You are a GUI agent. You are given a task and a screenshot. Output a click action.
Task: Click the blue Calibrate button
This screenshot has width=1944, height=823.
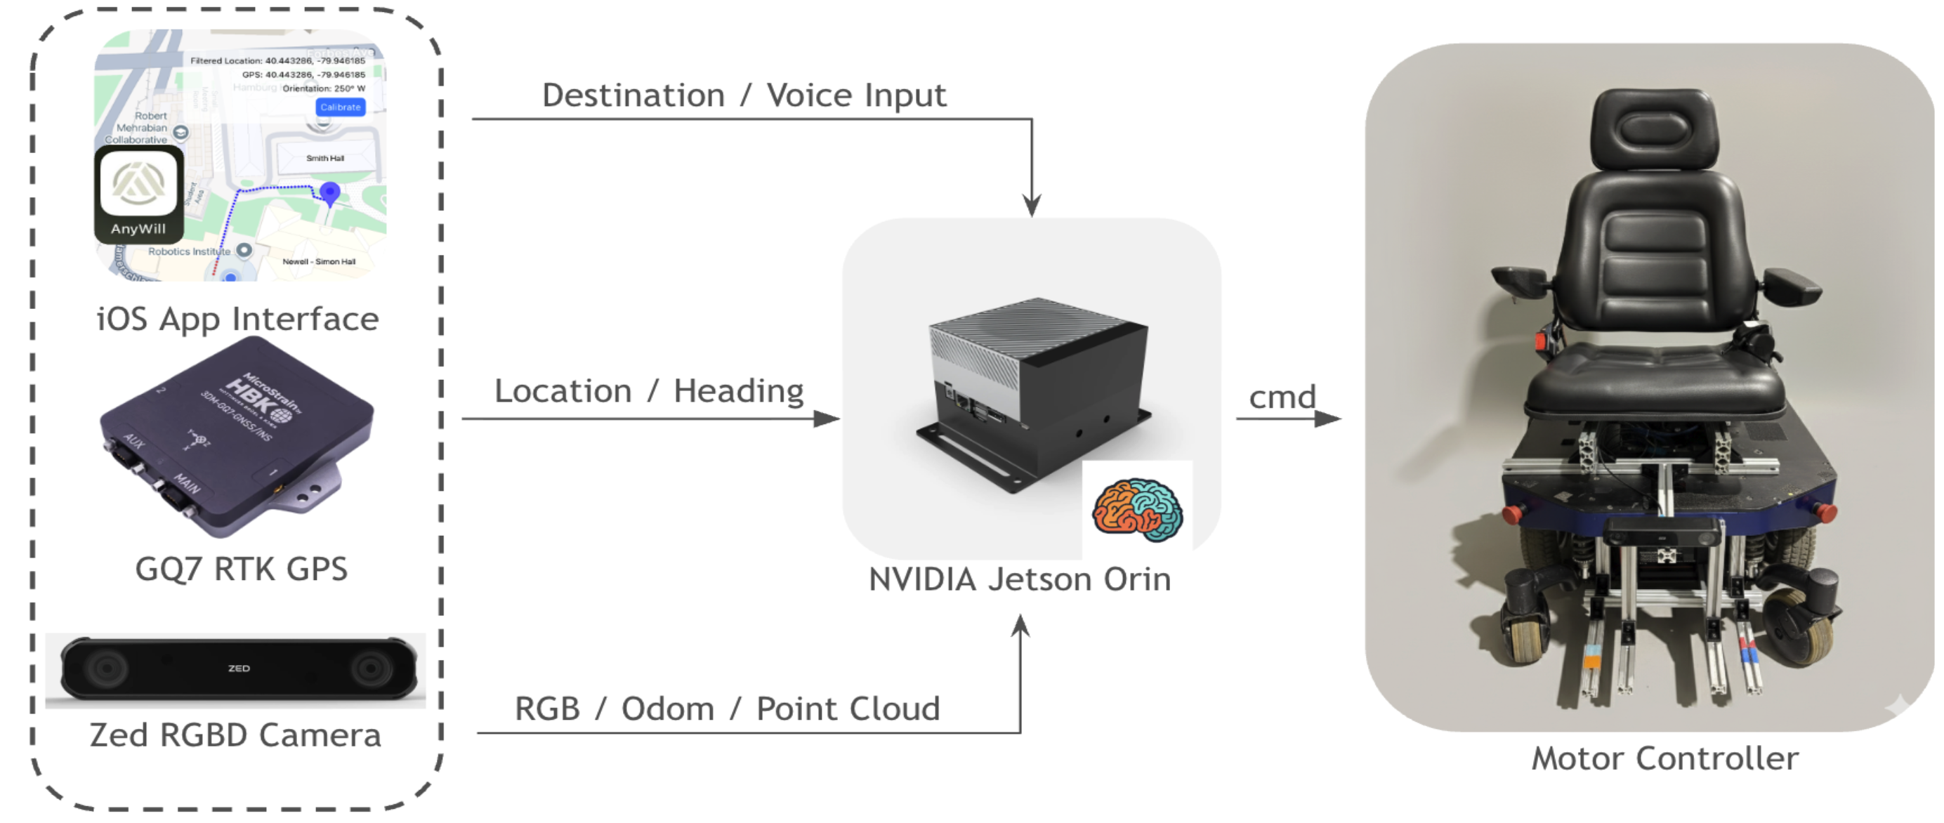click(x=341, y=107)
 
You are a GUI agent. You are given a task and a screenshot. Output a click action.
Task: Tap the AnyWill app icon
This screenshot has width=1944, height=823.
click(x=139, y=193)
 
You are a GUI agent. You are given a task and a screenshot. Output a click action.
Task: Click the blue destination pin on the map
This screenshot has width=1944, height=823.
click(x=330, y=192)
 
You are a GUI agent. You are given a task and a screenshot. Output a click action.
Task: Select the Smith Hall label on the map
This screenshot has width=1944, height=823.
click(x=325, y=159)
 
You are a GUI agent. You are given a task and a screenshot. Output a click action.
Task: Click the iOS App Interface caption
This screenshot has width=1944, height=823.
click(x=237, y=319)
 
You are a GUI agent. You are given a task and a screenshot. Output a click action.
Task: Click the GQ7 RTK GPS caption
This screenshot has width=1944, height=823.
click(x=242, y=569)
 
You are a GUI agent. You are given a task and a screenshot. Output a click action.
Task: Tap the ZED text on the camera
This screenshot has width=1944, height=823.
click(x=239, y=669)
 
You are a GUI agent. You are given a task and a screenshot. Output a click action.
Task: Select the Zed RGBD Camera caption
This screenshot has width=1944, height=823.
click(x=235, y=735)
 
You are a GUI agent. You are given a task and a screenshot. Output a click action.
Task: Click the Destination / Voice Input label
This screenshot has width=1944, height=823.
click(x=744, y=96)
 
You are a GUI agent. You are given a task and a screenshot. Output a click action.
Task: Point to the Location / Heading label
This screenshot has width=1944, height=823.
click(x=649, y=392)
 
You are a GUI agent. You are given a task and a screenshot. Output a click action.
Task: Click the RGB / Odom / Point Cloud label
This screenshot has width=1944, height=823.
click(x=728, y=709)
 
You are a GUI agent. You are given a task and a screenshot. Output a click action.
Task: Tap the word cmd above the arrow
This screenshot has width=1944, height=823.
click(x=1282, y=397)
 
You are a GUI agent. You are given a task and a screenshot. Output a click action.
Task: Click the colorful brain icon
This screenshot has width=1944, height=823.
click(x=1137, y=510)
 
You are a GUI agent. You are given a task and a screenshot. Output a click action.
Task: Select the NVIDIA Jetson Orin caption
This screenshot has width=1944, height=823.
click(x=1020, y=580)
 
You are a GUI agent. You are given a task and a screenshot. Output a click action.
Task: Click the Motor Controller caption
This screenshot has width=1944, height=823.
click(x=1664, y=759)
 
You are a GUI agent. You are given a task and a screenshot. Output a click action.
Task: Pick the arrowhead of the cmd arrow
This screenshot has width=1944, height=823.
click(x=1329, y=419)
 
